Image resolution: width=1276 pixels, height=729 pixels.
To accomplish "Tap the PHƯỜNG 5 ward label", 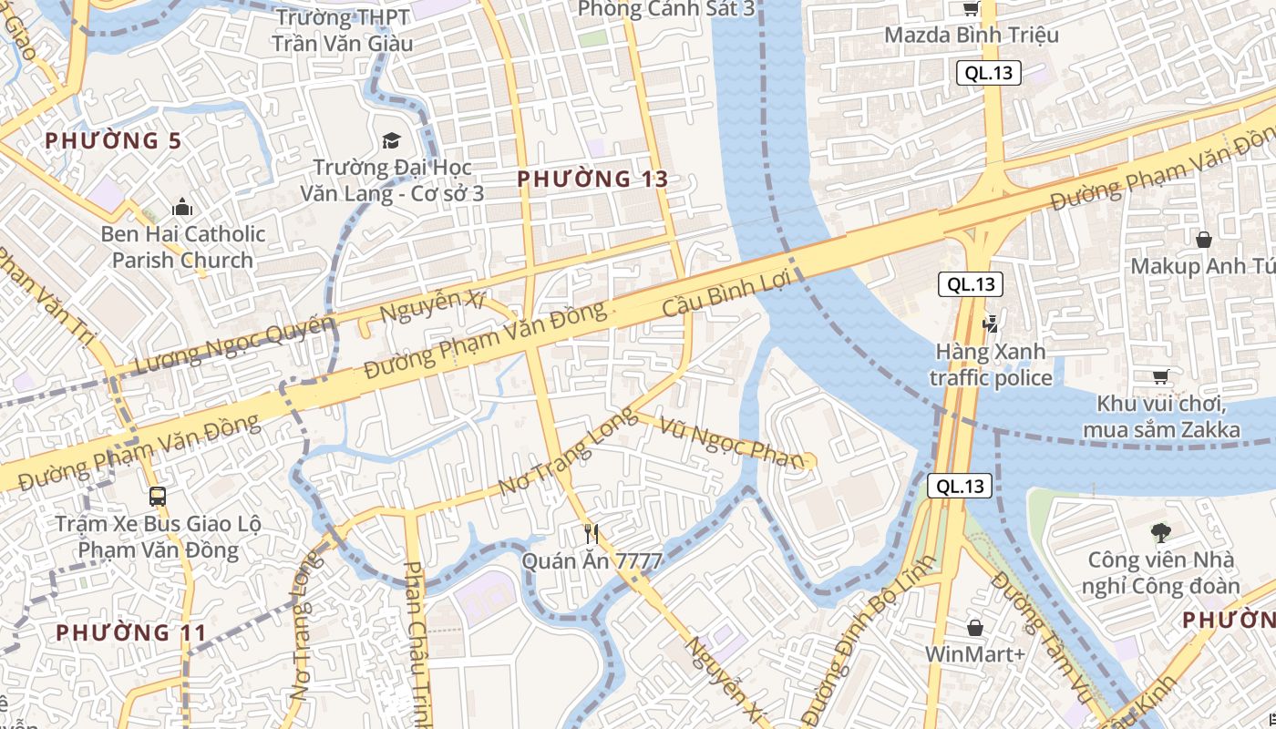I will coord(113,140).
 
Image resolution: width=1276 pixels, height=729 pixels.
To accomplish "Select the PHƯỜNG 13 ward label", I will coord(592,179).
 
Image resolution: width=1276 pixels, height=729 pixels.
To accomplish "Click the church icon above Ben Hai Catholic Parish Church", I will coord(182,208).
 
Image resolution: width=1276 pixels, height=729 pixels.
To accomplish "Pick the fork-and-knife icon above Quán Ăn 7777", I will coord(592,534).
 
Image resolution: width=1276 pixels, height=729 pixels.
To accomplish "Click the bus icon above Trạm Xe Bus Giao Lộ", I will coord(158,497).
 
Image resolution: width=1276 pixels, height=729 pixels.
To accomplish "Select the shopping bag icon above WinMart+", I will coord(975,628).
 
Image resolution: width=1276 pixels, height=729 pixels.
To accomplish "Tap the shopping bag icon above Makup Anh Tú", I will coord(1204,240).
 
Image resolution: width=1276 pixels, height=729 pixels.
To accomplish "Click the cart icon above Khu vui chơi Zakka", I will coord(1160,376).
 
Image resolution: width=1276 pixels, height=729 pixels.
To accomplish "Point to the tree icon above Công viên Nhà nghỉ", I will coord(1160,532).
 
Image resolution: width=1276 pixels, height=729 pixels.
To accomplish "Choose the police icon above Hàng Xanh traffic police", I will coord(990,323).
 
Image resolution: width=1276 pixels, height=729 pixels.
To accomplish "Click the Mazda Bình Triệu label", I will coord(972,36).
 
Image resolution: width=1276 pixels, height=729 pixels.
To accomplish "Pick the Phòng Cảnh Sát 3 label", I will coord(666,9).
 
